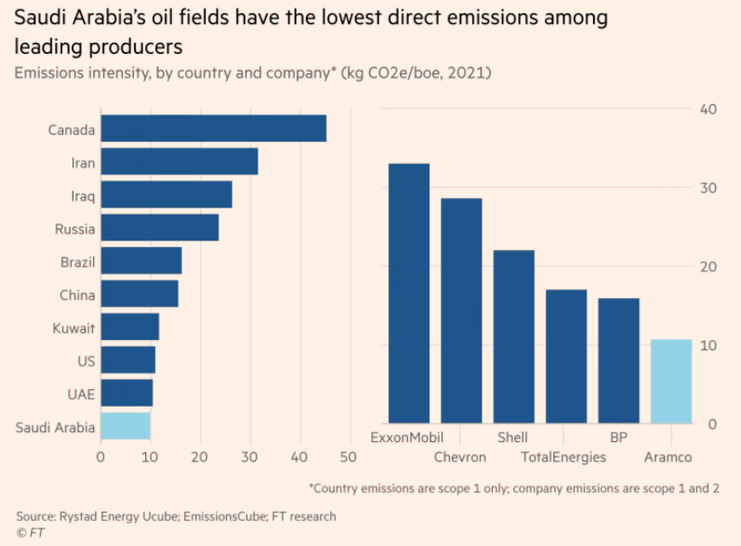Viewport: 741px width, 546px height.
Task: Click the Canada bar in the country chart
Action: pos(213,128)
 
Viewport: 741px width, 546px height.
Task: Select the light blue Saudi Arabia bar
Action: pos(126,426)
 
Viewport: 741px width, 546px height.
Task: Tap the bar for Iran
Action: pos(179,162)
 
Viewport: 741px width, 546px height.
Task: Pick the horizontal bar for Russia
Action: pos(159,227)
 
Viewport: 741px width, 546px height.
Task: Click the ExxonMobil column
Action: pos(408,293)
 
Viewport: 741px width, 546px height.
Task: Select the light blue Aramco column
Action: pos(670,382)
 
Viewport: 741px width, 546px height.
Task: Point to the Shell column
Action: pos(513,337)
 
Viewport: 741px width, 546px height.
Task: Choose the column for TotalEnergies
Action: pos(565,357)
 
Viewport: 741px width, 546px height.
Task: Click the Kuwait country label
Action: pos(73,328)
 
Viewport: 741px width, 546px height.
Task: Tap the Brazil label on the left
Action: pos(76,262)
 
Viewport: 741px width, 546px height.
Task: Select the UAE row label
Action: pos(81,394)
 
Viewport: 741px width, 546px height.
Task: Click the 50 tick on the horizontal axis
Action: pos(348,457)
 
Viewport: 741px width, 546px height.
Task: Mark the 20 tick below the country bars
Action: pos(199,457)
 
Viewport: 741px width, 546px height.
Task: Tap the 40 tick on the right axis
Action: pos(708,110)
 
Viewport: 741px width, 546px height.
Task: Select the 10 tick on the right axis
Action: pos(708,345)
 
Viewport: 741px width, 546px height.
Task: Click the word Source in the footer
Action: pos(35,515)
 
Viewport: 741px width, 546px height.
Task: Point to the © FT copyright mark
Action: pos(30,532)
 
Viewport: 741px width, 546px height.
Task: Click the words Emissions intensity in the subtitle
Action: pos(69,72)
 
